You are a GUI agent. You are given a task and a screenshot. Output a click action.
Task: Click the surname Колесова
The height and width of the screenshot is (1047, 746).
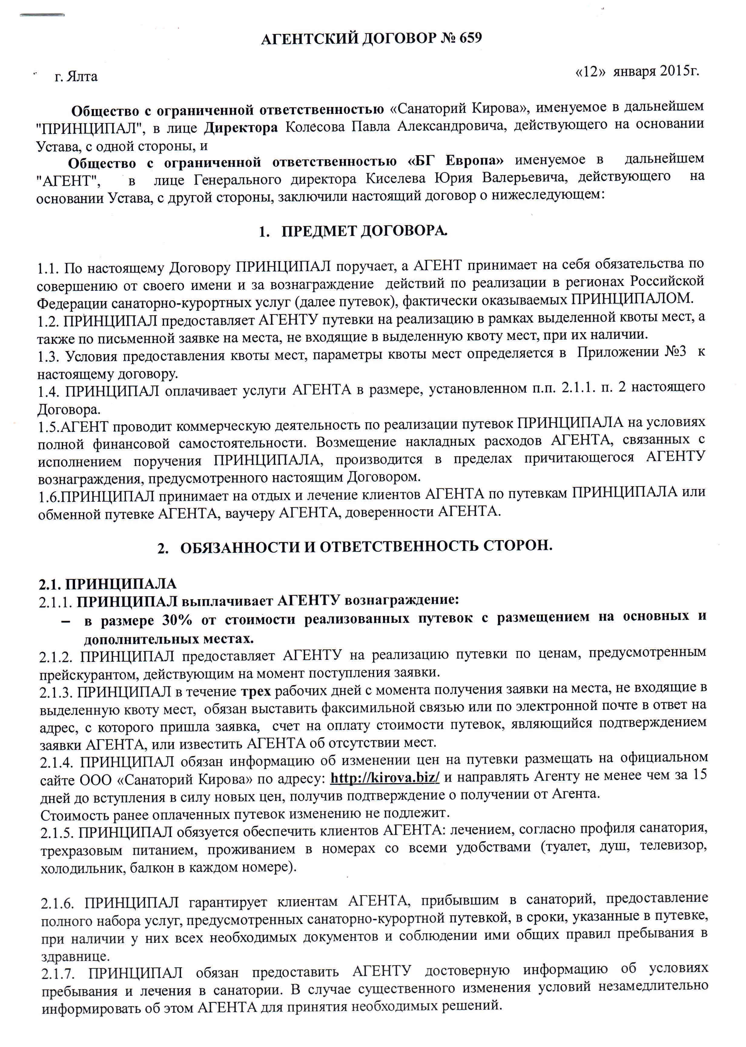point(315,126)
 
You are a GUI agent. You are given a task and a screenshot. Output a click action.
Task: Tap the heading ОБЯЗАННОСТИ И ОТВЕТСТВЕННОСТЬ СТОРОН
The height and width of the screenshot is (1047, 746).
point(366,547)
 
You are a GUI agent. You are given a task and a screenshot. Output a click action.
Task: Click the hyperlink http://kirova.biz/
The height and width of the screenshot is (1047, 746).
point(385,777)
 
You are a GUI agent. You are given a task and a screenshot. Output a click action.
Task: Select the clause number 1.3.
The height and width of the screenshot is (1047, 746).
point(49,356)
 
